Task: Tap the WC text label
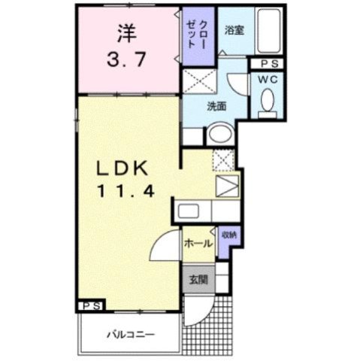268,78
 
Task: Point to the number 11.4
126,191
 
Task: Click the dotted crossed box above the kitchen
222,159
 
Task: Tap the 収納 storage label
228,235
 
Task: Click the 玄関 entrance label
194,278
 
